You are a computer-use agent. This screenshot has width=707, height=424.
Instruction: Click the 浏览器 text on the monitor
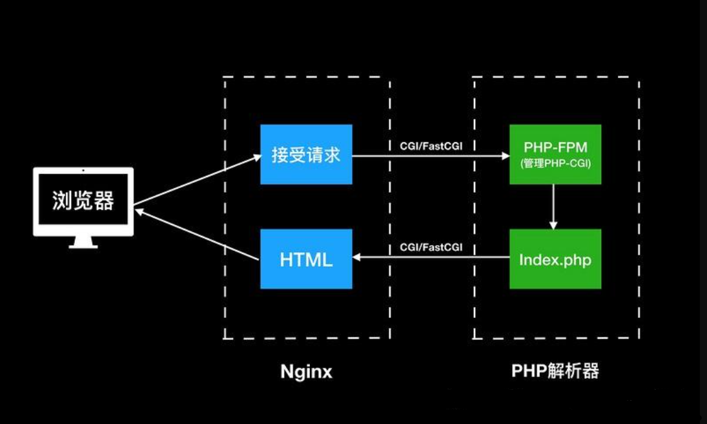(83, 201)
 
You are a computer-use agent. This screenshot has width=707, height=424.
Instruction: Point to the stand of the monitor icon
(83, 242)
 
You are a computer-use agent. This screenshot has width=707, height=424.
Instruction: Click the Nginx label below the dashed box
(306, 372)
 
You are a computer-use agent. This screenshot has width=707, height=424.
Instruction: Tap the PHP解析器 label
(555, 371)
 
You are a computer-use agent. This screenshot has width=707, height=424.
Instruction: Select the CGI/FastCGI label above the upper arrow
(431, 146)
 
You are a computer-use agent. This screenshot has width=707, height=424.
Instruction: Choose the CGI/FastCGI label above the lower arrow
(431, 247)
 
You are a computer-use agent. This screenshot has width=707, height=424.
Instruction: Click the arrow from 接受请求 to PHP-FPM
(431, 156)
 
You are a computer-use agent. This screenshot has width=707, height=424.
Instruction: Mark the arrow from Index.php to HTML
(431, 257)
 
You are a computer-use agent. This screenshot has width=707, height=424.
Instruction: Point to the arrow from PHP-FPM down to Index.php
(555, 207)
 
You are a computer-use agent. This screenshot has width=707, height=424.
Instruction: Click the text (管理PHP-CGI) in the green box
(555, 163)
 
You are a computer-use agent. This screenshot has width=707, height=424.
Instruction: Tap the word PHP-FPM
(555, 149)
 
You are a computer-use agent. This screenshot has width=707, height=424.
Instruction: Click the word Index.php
(555, 260)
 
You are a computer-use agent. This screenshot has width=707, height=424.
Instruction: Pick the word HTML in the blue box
(306, 260)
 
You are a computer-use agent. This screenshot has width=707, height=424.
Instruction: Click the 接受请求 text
(306, 156)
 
